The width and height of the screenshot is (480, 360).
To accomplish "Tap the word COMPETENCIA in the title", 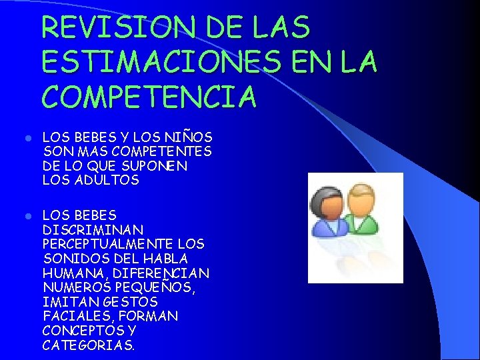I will [149, 97].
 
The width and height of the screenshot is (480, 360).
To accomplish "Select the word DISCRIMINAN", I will [83, 229].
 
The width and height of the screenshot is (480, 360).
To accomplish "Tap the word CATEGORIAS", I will [88, 345].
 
